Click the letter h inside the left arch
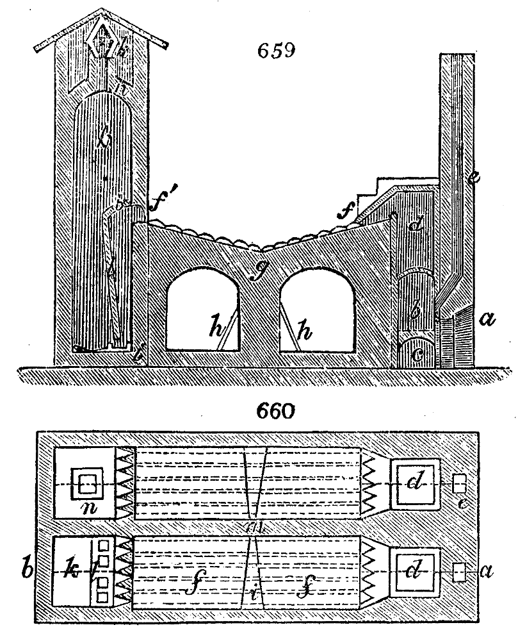pyautogui.click(x=213, y=329)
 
